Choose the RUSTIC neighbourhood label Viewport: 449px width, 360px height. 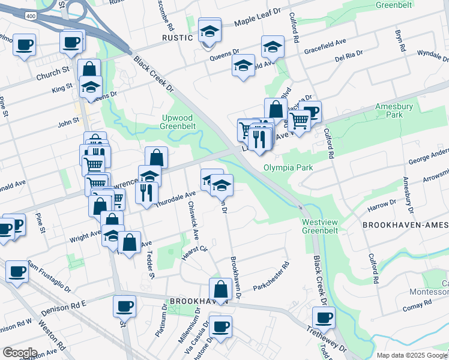tap(178, 37)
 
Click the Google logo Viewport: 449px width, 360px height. tap(20, 353)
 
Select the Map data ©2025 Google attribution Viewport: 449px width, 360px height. tap(412, 355)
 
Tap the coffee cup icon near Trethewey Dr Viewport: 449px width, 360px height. tap(324, 318)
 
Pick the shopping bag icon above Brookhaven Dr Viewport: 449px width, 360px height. tap(221, 290)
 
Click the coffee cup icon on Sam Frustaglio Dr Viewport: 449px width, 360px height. tap(17, 271)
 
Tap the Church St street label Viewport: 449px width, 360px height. tap(53, 76)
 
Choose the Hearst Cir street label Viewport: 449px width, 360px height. tap(194, 253)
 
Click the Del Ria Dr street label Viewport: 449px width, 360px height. tap(349, 55)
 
